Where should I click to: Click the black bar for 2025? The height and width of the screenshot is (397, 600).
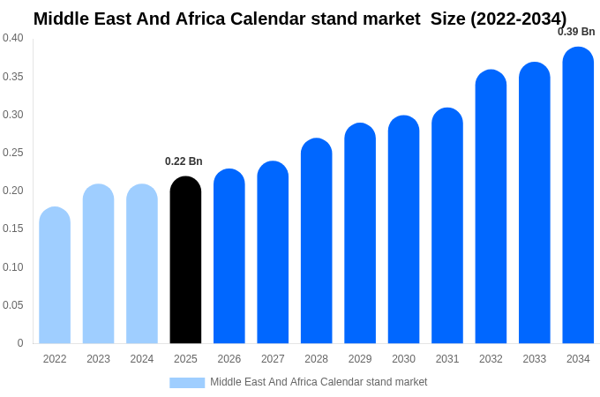click(185, 260)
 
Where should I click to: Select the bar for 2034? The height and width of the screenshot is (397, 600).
click(578, 196)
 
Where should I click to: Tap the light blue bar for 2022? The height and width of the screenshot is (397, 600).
click(55, 275)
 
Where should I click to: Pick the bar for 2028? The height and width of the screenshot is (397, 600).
click(316, 241)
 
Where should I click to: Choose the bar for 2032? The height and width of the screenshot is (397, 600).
click(491, 206)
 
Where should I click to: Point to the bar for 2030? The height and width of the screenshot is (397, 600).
click(403, 229)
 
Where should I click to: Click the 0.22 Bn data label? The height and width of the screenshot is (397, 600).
click(184, 161)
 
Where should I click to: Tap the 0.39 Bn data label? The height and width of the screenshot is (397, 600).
click(576, 32)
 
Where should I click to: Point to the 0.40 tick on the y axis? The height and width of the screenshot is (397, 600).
click(13, 38)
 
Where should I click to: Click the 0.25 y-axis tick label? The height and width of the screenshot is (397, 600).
click(13, 153)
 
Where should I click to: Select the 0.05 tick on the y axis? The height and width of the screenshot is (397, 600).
click(13, 305)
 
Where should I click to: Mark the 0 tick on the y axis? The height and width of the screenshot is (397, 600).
click(20, 343)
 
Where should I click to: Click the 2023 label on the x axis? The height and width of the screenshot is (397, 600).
click(98, 359)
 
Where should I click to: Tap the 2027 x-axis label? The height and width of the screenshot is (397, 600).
click(273, 359)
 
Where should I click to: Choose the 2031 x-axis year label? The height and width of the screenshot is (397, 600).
click(447, 359)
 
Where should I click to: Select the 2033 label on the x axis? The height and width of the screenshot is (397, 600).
click(534, 359)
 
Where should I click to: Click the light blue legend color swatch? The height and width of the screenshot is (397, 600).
click(187, 383)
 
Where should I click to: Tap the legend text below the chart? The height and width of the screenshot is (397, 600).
click(319, 382)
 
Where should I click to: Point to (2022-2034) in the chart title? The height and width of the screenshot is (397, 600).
click(519, 19)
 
